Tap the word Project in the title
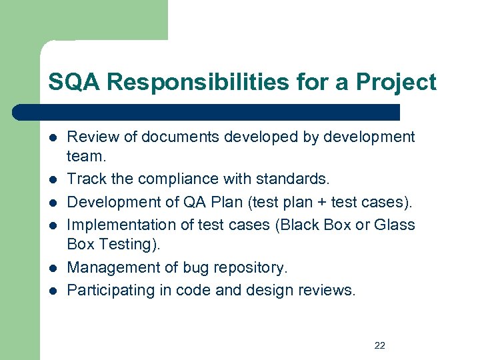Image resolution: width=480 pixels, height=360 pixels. click(x=396, y=82)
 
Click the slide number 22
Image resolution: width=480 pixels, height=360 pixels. click(x=380, y=345)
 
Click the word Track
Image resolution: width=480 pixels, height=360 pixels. click(x=86, y=179)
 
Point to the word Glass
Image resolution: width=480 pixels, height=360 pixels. click(x=394, y=225)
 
